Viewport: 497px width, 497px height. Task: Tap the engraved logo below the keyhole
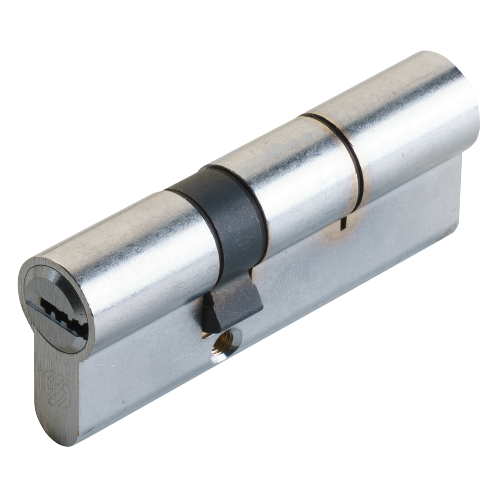(x=57, y=388)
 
